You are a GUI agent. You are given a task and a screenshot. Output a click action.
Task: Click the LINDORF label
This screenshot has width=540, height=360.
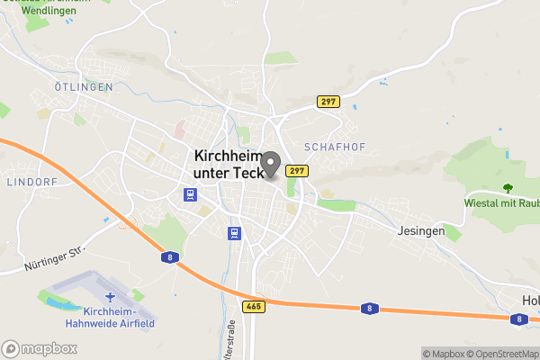(x=31, y=181)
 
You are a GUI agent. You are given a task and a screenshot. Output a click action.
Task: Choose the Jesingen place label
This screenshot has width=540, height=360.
(x=420, y=230)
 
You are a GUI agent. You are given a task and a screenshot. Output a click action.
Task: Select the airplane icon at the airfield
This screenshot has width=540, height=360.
(x=111, y=296)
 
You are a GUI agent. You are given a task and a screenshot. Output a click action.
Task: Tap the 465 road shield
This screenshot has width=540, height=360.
(x=253, y=306)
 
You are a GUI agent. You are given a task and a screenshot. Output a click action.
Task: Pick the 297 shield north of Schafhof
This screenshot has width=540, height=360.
(x=328, y=102)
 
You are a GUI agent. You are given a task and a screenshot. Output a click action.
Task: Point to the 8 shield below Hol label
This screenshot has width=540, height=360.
(x=517, y=319)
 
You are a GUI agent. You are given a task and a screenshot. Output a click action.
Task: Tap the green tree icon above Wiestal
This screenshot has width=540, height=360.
(x=508, y=189)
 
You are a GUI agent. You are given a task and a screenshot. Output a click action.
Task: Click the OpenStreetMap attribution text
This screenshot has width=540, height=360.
(x=500, y=354)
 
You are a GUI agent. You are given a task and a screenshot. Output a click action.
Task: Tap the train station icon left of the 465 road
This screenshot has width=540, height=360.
(x=235, y=233)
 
